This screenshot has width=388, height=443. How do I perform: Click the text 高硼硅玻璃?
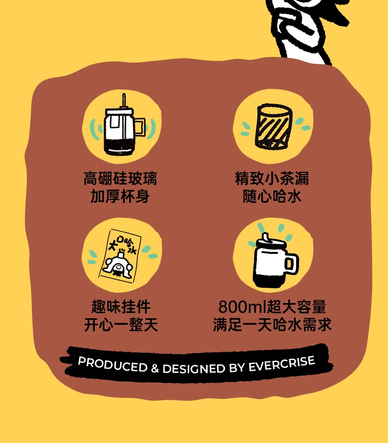(120, 178)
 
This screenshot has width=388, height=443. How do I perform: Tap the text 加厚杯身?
(120, 196)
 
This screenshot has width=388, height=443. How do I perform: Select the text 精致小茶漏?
(272, 178)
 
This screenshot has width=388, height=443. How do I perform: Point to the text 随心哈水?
(272, 196)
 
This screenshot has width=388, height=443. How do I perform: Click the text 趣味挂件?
(121, 307)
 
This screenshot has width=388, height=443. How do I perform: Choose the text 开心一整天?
(121, 325)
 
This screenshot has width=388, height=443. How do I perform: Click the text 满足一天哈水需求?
(272, 325)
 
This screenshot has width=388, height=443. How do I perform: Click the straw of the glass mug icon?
(125, 101)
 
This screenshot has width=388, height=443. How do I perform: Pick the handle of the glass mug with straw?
(140, 127)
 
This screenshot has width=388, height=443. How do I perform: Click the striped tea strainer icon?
(273, 126)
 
